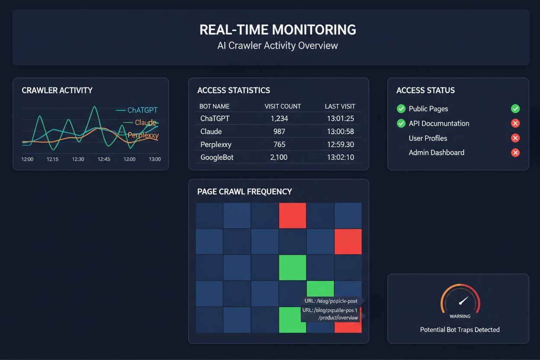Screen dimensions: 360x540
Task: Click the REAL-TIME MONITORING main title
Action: coord(278,30)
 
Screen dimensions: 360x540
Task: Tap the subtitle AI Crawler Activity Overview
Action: coord(278,45)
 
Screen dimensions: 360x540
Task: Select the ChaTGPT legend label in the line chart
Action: coord(142,110)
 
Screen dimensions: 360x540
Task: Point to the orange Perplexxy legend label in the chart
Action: coord(143,135)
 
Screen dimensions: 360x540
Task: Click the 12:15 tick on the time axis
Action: coord(52,159)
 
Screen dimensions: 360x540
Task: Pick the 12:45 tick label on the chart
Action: coord(104,159)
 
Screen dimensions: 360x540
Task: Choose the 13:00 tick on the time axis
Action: coord(154,159)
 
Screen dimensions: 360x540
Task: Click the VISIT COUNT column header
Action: coord(283,106)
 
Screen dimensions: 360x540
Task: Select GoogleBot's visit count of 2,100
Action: coord(279,157)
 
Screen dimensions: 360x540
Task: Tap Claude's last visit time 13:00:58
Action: coord(340,132)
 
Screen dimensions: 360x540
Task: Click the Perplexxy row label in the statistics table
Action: coord(216,145)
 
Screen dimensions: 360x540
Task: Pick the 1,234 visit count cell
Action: coord(279,119)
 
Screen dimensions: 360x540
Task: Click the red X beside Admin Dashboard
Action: coord(515,152)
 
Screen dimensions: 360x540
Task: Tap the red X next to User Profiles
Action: coord(515,138)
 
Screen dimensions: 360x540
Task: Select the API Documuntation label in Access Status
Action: coord(439,124)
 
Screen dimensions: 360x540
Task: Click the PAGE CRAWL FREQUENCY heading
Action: coord(244,192)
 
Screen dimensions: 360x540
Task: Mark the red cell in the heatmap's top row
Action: coord(292,215)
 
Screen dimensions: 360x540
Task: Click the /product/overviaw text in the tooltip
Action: coord(338,318)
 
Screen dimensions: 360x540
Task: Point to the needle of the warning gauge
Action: coord(463,300)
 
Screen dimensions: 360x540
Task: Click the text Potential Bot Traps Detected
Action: coord(460,330)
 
